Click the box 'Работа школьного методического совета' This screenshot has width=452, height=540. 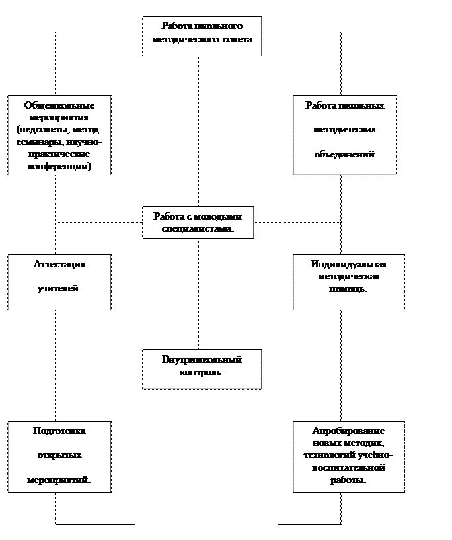click(x=202, y=36)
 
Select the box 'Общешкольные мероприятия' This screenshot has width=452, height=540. click(x=59, y=135)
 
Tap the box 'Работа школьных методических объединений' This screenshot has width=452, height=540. click(x=344, y=135)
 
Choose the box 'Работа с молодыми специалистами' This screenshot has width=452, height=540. click(x=198, y=222)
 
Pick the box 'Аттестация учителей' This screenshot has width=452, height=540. click(x=59, y=282)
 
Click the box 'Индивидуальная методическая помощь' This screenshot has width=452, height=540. click(x=348, y=282)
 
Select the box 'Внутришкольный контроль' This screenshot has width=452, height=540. click(x=202, y=369)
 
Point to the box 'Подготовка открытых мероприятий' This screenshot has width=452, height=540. click(x=59, y=457)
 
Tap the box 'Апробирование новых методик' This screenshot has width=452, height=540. click(x=348, y=457)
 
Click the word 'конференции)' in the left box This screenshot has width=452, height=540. click(x=59, y=167)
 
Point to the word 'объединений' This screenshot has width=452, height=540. click(x=344, y=154)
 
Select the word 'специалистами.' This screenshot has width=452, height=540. click(x=198, y=229)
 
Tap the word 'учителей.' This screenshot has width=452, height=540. click(x=59, y=289)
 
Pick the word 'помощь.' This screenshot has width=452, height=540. click(x=348, y=289)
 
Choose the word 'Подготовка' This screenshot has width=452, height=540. click(x=59, y=431)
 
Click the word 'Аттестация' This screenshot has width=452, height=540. click(x=59, y=264)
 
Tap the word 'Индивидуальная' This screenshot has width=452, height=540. click(x=348, y=264)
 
